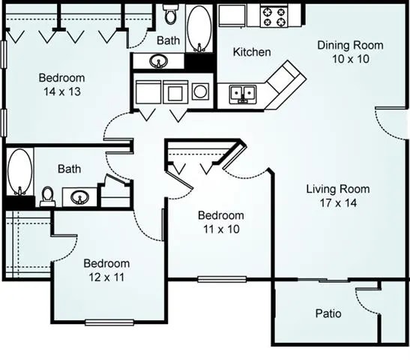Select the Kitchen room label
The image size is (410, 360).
tap(251, 52)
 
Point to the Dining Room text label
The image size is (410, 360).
tap(350, 45)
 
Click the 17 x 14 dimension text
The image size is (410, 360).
tap(337, 202)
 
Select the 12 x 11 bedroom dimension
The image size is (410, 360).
tap(106, 277)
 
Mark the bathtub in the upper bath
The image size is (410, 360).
tap(199, 28)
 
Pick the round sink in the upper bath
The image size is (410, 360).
tap(159, 61)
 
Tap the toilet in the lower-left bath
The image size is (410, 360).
tap(48, 196)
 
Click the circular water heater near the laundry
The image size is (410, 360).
tap(201, 91)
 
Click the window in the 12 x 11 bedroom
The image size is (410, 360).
tap(109, 322)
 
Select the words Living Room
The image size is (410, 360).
tap(337, 189)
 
